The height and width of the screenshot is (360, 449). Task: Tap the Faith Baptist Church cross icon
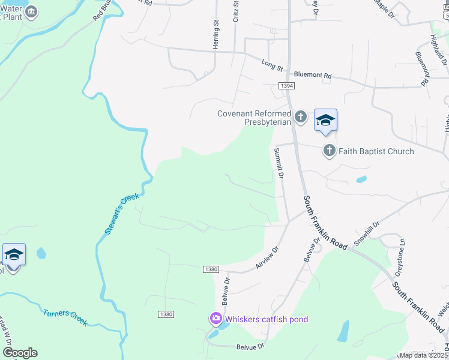pos(329,151)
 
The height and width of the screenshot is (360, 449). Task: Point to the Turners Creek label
pos(65,317)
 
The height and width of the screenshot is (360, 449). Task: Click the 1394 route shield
pos(286,86)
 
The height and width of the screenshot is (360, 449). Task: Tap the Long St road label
pos(272,63)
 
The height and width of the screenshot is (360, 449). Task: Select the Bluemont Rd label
pos(313,76)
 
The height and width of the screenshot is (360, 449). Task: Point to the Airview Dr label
pos(268,257)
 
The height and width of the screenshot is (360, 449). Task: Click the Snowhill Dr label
pos(367,233)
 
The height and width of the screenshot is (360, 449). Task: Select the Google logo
pos(20,353)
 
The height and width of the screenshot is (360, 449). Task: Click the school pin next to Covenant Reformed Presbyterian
pos(325,121)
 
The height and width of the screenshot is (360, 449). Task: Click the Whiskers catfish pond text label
pos(267,319)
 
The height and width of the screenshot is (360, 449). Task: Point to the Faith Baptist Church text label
pos(376,151)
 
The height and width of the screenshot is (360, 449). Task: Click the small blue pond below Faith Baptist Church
pos(361,179)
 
